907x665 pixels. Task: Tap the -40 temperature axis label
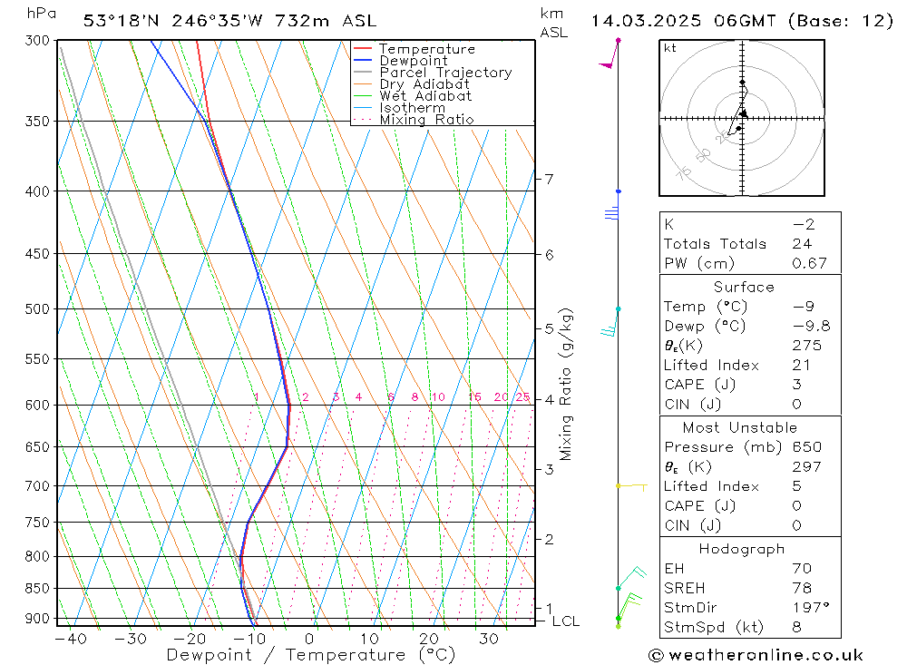(x=70, y=639)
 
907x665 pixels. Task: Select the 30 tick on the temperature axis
(x=489, y=639)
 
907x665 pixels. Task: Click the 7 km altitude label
(x=550, y=179)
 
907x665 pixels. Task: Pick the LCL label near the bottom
(x=565, y=621)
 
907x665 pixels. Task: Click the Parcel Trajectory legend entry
(x=445, y=73)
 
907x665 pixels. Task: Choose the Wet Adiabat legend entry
(x=425, y=96)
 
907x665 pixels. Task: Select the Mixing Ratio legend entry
(x=426, y=120)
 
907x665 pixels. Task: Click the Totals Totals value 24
(x=802, y=243)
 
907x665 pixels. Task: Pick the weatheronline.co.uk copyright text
(x=756, y=655)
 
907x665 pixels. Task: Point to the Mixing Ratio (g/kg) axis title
(x=567, y=384)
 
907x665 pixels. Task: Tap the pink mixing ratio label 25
(x=522, y=397)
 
